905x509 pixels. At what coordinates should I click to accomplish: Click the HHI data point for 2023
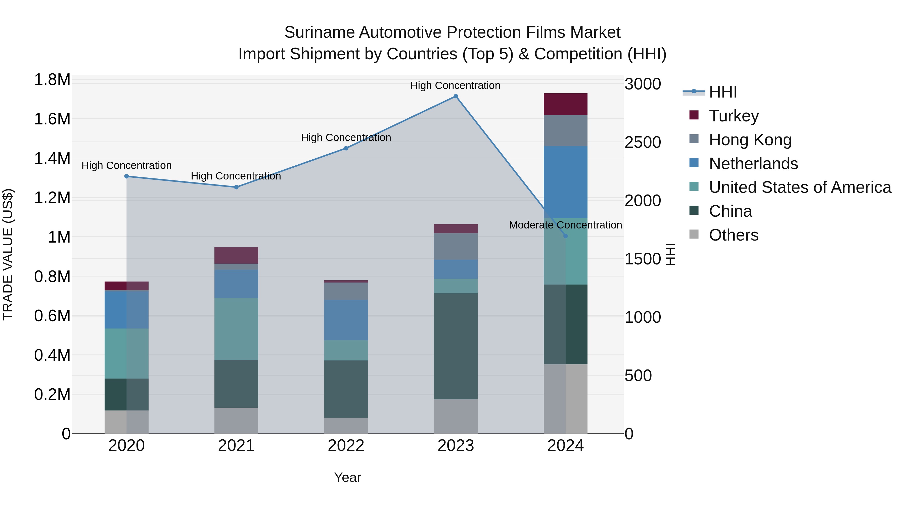coord(456,96)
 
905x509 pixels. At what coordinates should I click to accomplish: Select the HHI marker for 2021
coord(236,187)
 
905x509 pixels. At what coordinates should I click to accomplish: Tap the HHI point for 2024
coord(565,236)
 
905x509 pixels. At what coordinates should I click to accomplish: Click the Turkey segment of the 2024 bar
coord(565,104)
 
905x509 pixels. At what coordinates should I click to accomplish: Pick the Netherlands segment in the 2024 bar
coord(565,182)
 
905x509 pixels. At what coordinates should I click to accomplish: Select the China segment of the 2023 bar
coord(456,346)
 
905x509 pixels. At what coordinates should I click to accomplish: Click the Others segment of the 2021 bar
coord(236,421)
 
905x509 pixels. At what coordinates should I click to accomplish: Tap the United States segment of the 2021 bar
coord(236,329)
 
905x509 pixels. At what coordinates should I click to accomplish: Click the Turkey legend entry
coord(734,116)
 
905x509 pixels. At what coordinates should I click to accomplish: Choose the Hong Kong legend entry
coord(750,140)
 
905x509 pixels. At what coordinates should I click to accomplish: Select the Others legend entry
coord(733,235)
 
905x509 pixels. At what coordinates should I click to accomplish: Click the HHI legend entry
coord(723,92)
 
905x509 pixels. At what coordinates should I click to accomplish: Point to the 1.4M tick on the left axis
coord(52,158)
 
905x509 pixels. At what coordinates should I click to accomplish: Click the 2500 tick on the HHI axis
coord(643,143)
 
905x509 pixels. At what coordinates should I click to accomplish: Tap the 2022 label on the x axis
coord(346,446)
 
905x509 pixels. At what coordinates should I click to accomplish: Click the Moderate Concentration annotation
coord(565,225)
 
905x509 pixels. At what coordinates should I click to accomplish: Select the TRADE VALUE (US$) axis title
coord(8,254)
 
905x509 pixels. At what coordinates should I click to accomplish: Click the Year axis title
coord(347,477)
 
